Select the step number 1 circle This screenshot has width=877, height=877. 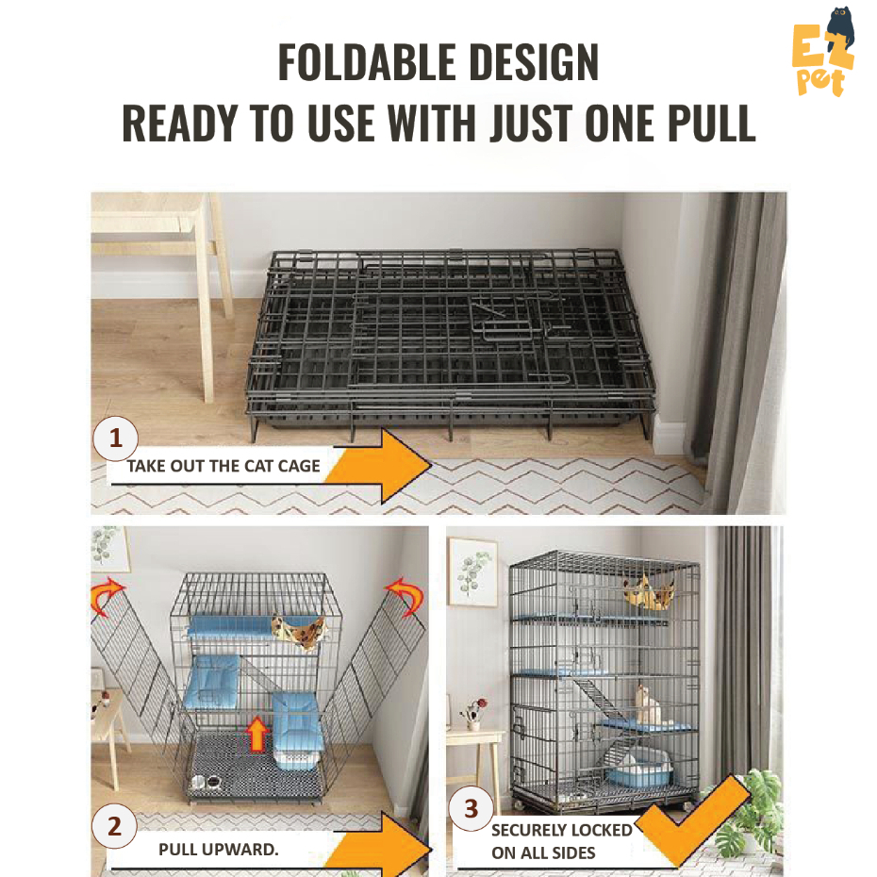coord(116,439)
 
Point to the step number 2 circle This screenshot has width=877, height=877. coord(115,828)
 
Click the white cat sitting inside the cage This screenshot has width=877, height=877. coord(646,704)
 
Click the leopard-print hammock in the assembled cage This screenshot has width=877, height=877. coord(649,593)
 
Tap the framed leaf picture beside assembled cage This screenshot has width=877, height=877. coord(472,571)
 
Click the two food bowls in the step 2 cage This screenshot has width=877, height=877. coord(207,783)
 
